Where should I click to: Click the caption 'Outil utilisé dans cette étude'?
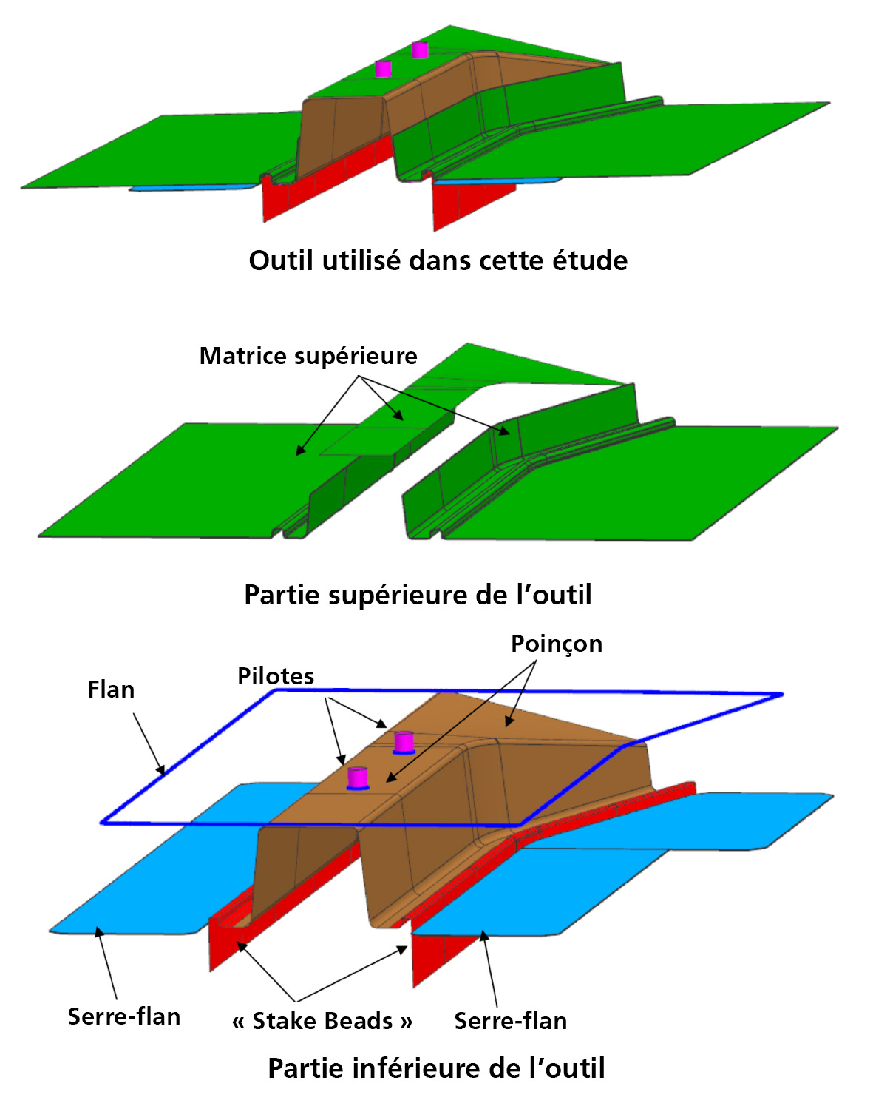point(438,260)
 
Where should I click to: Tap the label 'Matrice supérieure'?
point(308,356)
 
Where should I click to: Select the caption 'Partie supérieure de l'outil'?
point(418,595)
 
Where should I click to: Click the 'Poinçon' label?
point(557,644)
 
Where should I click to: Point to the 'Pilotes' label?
point(276,676)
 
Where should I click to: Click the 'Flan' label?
point(111,689)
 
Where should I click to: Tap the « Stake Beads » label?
point(322,1021)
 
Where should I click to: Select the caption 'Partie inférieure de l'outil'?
point(436,1068)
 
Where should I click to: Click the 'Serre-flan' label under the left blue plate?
point(124,1016)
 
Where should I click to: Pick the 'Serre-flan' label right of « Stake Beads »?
point(511,1021)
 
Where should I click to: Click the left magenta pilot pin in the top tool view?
point(383,69)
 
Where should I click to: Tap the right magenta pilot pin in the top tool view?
point(420,50)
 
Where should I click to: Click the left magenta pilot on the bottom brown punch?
point(358,778)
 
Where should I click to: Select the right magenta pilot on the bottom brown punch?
point(404,743)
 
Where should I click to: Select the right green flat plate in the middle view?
point(642,483)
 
